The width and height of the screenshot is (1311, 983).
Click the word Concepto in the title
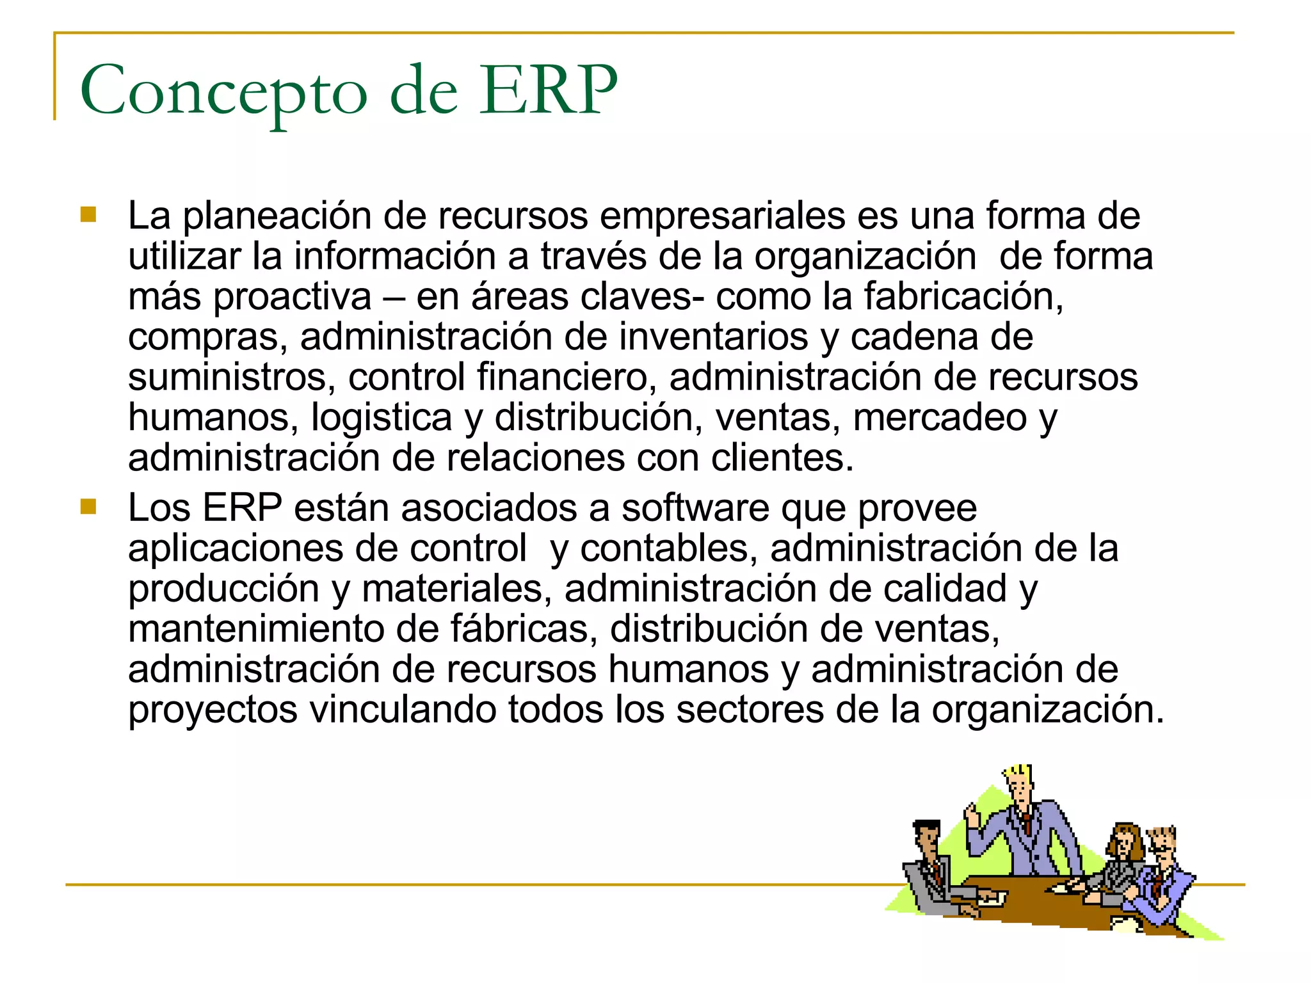pos(223,92)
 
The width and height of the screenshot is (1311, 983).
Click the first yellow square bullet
pos(88,214)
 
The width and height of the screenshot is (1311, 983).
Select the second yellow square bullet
pos(88,507)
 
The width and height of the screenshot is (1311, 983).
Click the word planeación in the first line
pos(277,216)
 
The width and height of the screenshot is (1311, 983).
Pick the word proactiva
pos(292,298)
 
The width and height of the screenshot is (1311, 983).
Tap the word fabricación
pos(963,296)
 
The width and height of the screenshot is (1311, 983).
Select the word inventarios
pos(713,337)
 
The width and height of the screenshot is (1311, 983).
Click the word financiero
pos(567,377)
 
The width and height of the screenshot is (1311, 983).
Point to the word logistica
pos(382,418)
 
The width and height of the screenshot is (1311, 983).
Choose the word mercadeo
pos(940,417)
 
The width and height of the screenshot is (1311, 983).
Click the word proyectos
pos(213,710)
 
